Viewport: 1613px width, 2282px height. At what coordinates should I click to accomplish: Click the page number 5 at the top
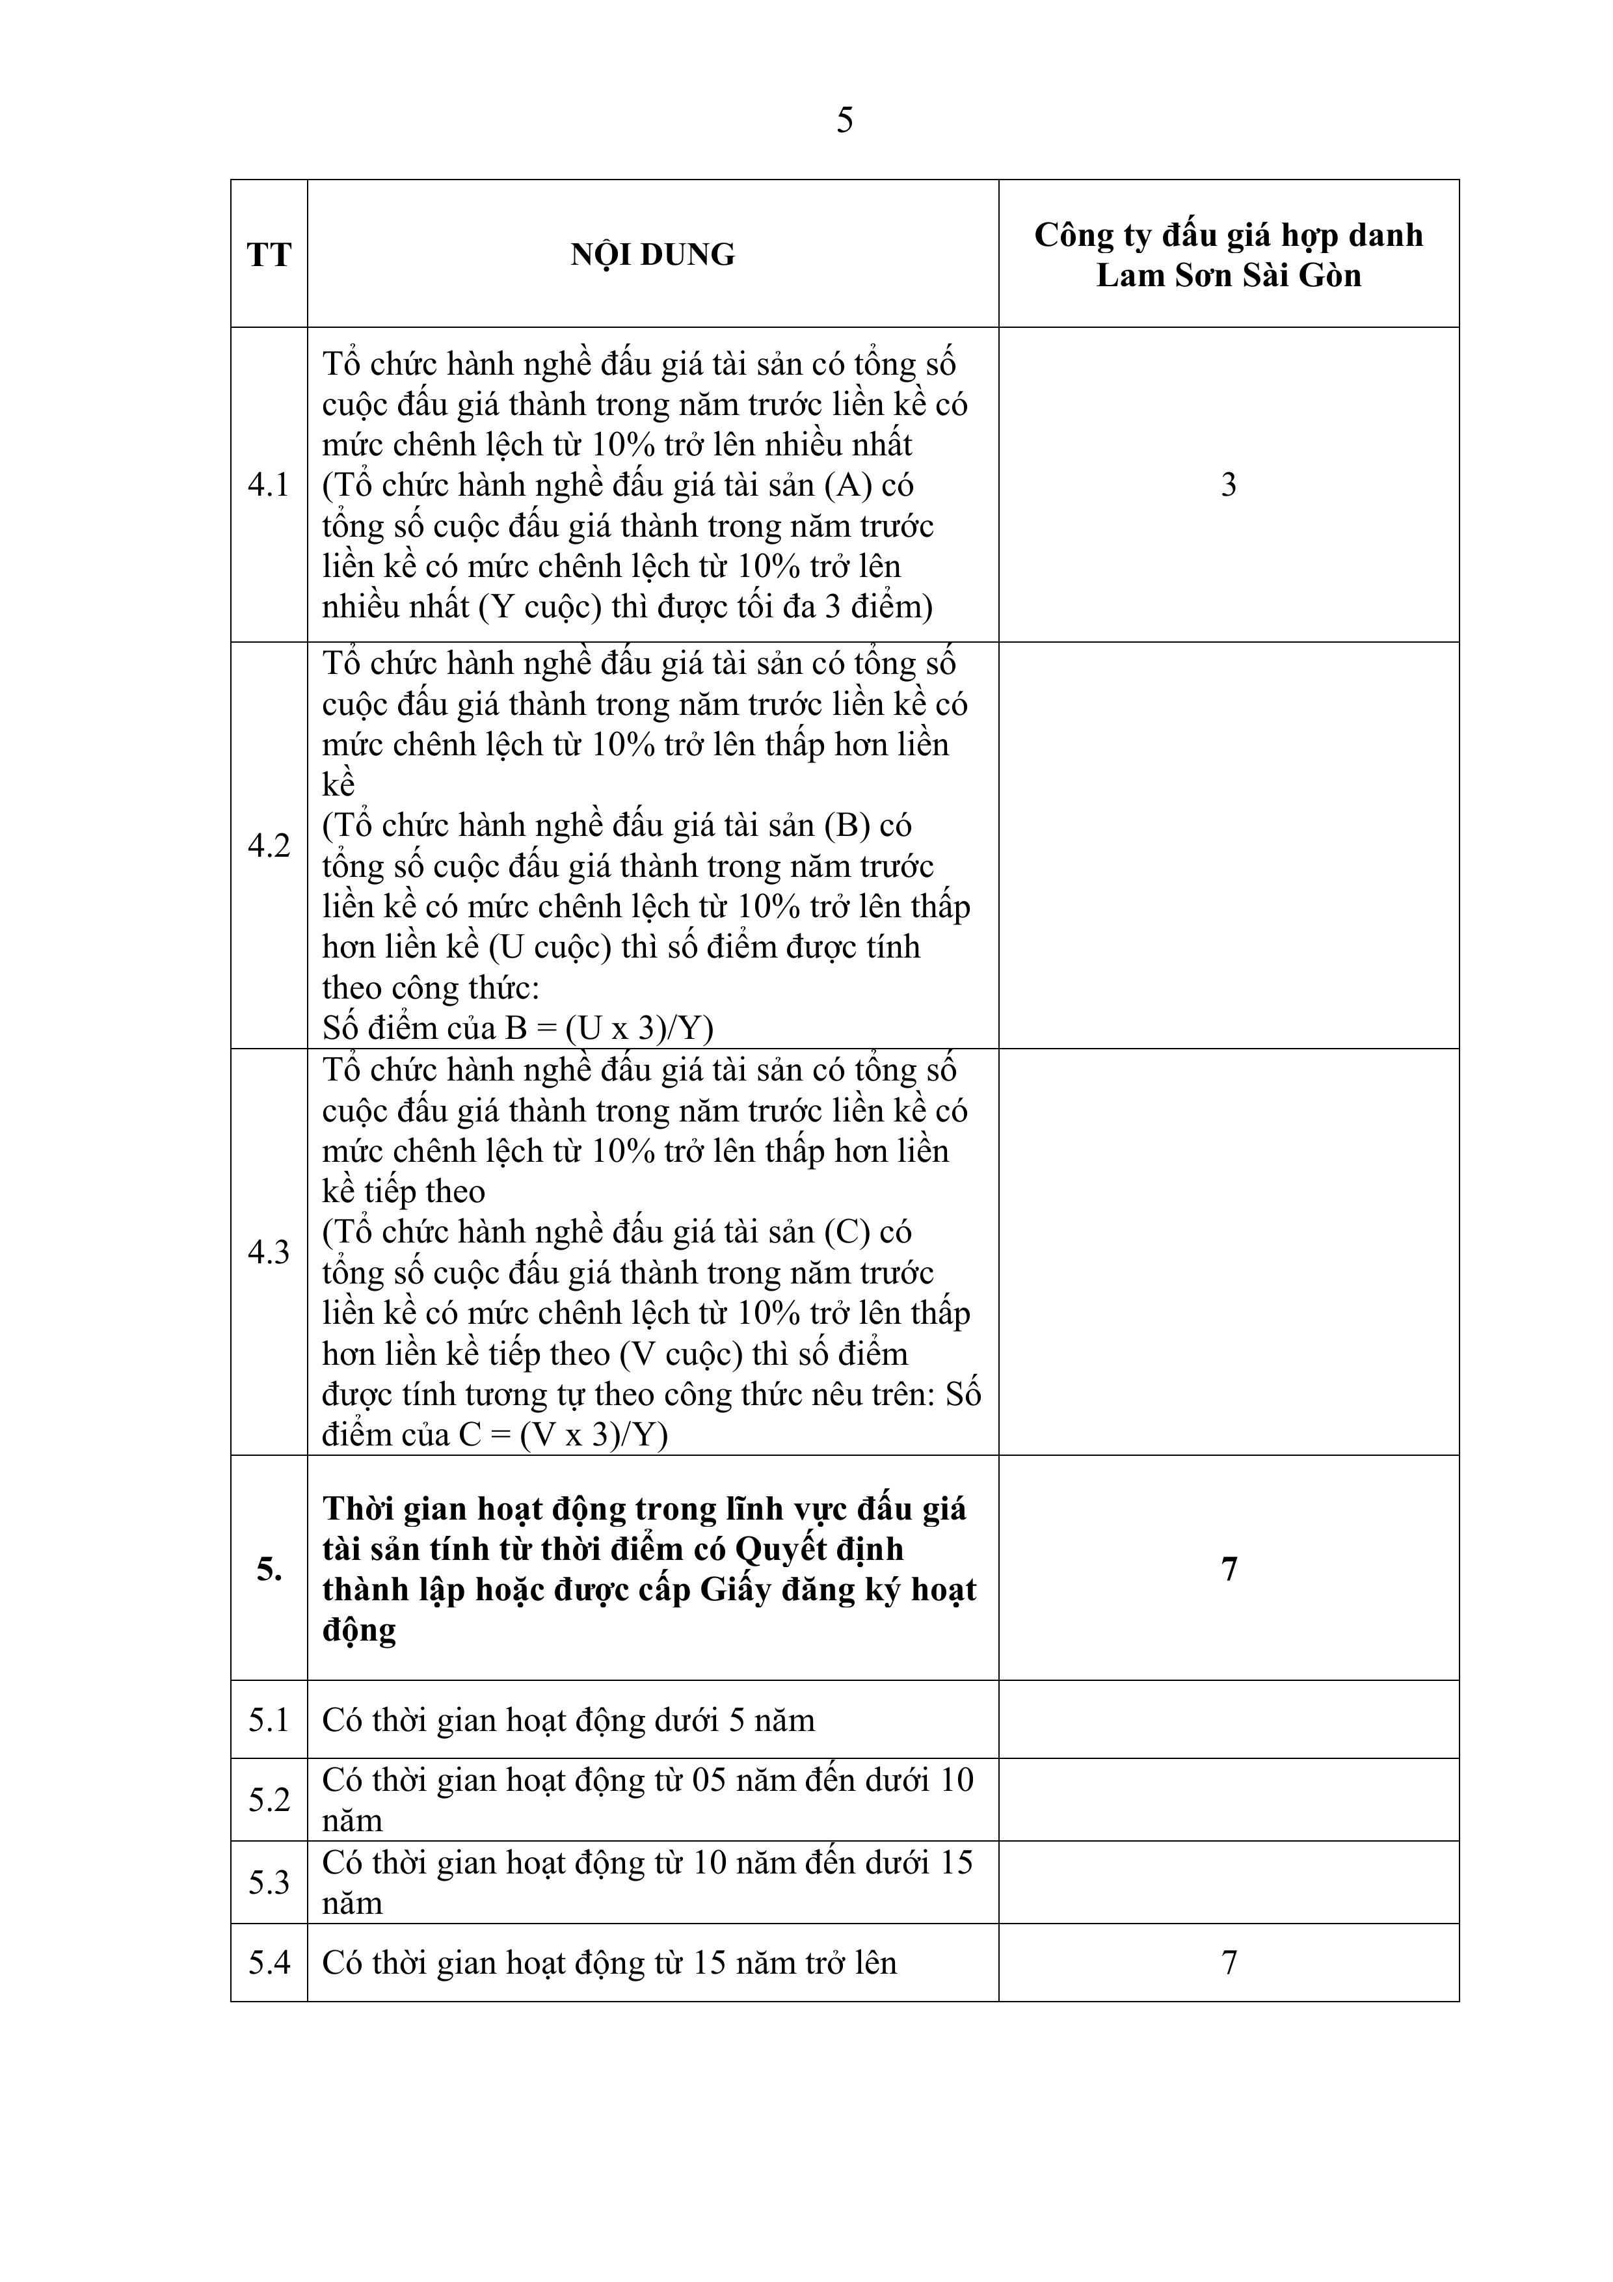(844, 121)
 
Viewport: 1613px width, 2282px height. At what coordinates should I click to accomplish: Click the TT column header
(269, 256)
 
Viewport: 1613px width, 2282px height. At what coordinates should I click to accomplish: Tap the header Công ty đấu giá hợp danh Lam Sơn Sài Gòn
(1229, 256)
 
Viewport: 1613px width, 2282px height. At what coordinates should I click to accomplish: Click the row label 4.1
(269, 485)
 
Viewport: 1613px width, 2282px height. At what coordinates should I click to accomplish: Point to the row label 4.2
(269, 846)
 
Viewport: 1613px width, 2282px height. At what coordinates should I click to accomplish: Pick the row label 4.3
(269, 1252)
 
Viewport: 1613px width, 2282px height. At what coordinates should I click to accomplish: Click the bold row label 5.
(269, 1570)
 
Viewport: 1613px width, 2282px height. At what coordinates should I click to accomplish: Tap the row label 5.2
(269, 1800)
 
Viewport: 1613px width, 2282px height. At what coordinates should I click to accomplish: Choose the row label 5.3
(269, 1883)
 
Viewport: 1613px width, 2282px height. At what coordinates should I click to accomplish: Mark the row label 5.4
(269, 1963)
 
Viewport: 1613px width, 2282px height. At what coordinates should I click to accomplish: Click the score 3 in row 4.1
(1229, 485)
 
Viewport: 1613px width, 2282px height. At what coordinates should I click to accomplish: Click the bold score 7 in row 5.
(1229, 1570)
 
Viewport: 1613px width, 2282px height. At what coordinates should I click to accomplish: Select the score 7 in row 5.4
(1229, 1963)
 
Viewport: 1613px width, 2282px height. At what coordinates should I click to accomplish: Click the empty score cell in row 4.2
(1229, 846)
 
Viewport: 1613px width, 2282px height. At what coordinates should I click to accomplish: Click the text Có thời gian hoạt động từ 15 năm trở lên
(608, 1963)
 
